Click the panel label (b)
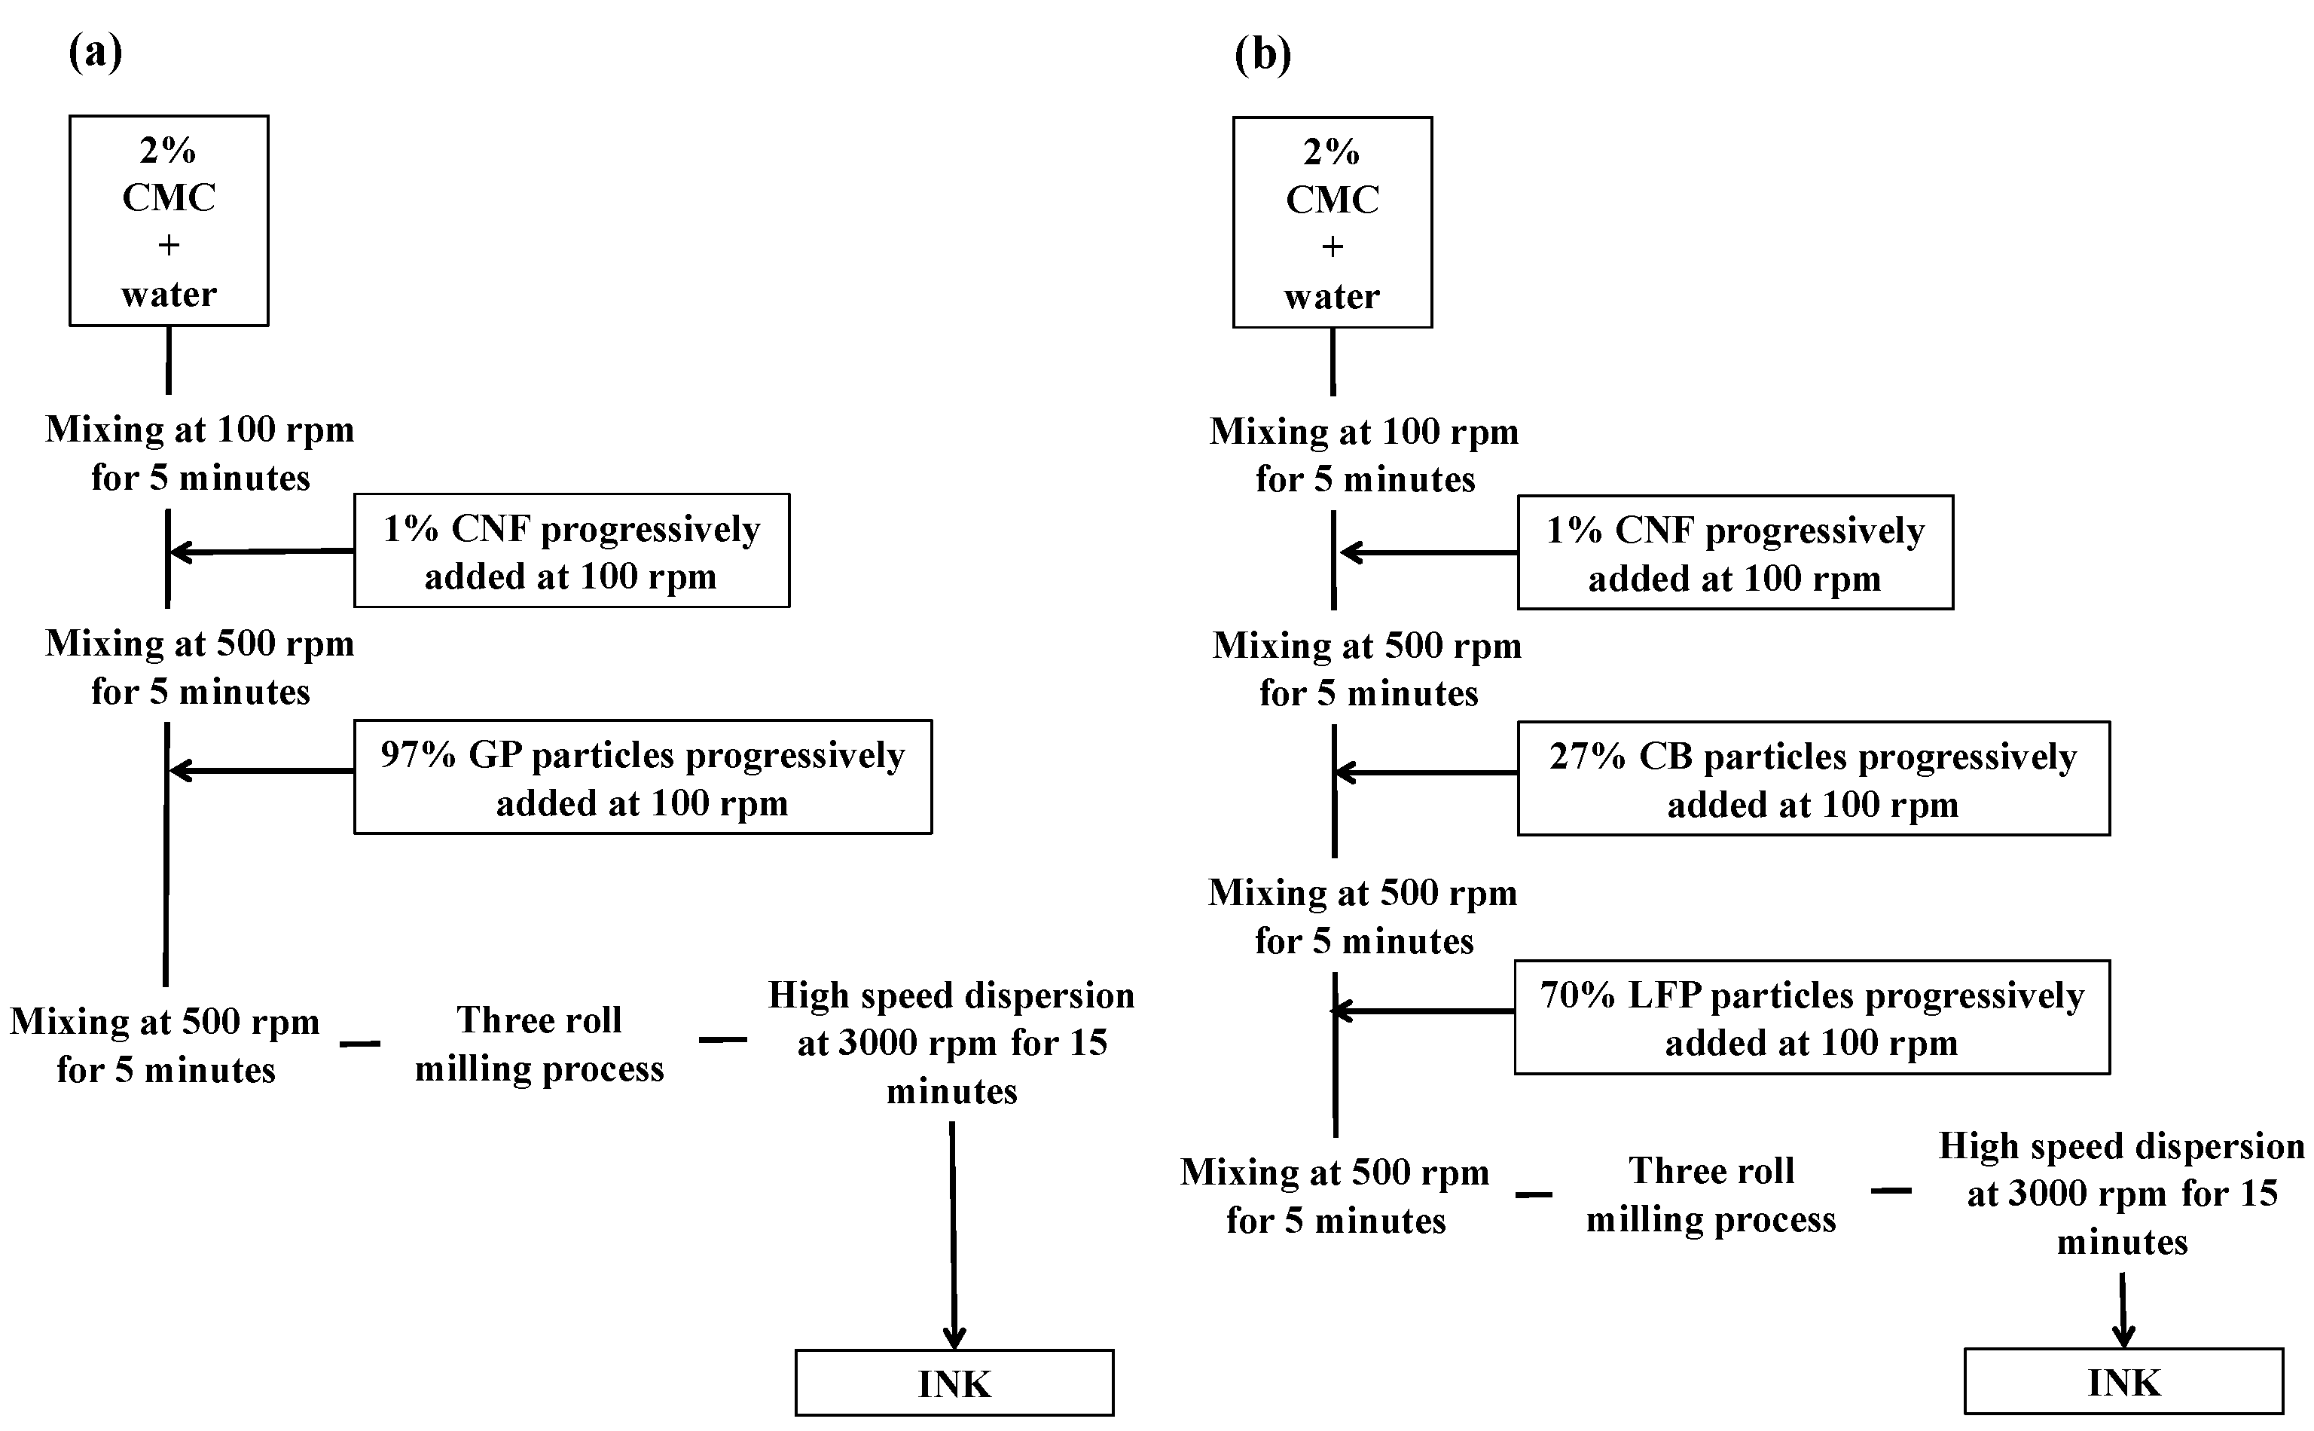click(1262, 55)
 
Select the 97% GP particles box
click(643, 777)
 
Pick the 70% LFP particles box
click(1811, 1017)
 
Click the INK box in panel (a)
click(954, 1383)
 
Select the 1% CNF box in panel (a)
click(572, 551)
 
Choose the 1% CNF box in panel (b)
click(1734, 552)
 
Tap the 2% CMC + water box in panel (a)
click(169, 222)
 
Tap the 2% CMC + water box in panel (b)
click(1332, 223)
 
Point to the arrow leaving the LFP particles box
click(1423, 1012)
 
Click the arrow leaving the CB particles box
click(1426, 773)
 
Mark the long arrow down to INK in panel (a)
click(953, 1235)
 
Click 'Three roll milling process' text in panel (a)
click(539, 1044)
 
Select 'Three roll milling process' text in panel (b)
click(1711, 1194)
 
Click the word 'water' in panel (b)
click(1332, 296)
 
